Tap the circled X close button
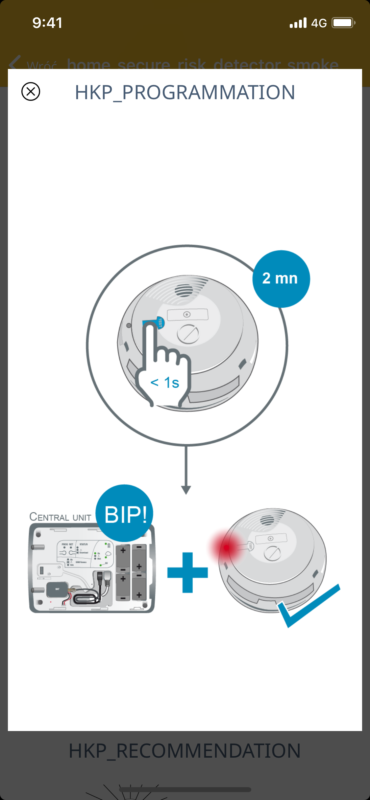pos(31,91)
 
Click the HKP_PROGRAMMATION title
pos(185,92)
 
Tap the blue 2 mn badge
pos(281,279)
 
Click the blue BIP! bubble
pos(125,514)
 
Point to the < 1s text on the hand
pos(165,383)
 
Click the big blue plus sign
pos(187,572)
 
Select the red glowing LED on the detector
pos(227,547)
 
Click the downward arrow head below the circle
pos(186,490)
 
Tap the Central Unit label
pos(61,517)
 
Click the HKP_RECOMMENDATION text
pos(185,751)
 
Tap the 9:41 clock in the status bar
pos(47,23)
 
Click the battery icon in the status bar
pos(343,23)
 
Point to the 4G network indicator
pos(319,23)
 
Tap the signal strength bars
pos(298,23)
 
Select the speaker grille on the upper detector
pos(184,290)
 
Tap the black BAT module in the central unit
pos(57,589)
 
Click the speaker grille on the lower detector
pos(267,520)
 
